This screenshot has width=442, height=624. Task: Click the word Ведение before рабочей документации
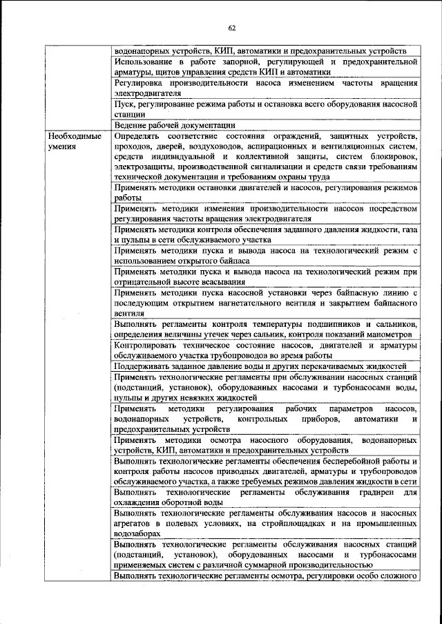[x=131, y=126]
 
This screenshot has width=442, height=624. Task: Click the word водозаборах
[x=137, y=533]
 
